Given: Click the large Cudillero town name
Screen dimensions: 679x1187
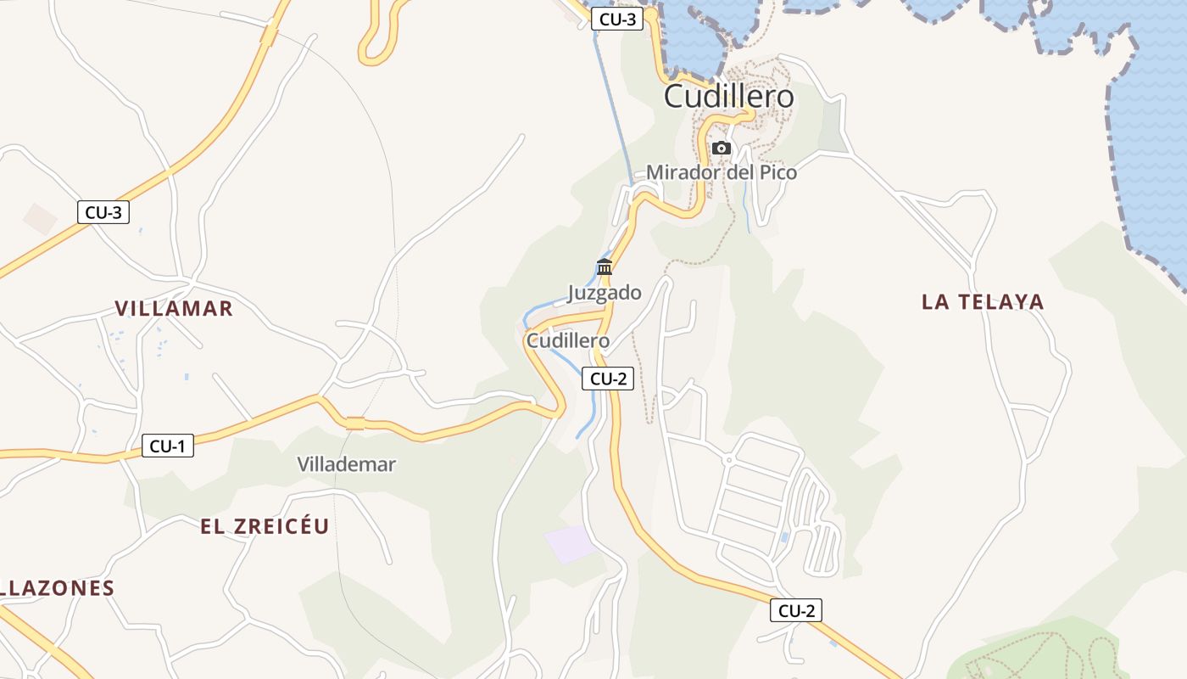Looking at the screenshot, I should point(729,97).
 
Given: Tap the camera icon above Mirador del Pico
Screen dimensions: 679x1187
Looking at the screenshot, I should point(722,148).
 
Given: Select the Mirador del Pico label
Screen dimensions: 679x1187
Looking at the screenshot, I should point(722,172).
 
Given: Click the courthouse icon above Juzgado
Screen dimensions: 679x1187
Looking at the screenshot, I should point(605,267).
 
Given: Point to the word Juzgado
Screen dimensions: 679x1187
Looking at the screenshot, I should point(605,293).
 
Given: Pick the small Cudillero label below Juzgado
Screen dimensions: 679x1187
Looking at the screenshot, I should point(568,340).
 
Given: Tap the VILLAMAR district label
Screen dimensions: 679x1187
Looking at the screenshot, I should point(174,308).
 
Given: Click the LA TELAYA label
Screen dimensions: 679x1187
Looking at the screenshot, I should point(983,301).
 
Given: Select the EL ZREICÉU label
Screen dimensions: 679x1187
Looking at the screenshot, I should point(265,526).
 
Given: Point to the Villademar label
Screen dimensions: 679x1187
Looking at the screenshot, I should point(346,464).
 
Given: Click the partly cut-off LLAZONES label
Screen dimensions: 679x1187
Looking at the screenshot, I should point(58,588).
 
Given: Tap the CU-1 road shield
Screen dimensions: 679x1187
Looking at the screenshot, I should point(168,445).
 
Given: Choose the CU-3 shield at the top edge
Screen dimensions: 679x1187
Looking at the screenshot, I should point(617,20).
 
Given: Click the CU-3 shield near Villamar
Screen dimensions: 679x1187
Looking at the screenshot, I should point(103,212).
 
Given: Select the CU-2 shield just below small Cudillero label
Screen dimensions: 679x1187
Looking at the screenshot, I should point(608,379).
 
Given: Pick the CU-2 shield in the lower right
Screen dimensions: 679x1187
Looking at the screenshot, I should point(796,609).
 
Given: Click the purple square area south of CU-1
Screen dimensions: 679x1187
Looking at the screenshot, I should point(570,543).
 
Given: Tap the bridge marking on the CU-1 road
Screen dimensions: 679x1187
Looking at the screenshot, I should point(355,424).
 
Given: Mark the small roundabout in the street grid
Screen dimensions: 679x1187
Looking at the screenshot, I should point(728,460).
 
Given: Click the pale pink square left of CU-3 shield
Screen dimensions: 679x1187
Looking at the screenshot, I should point(39,219).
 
